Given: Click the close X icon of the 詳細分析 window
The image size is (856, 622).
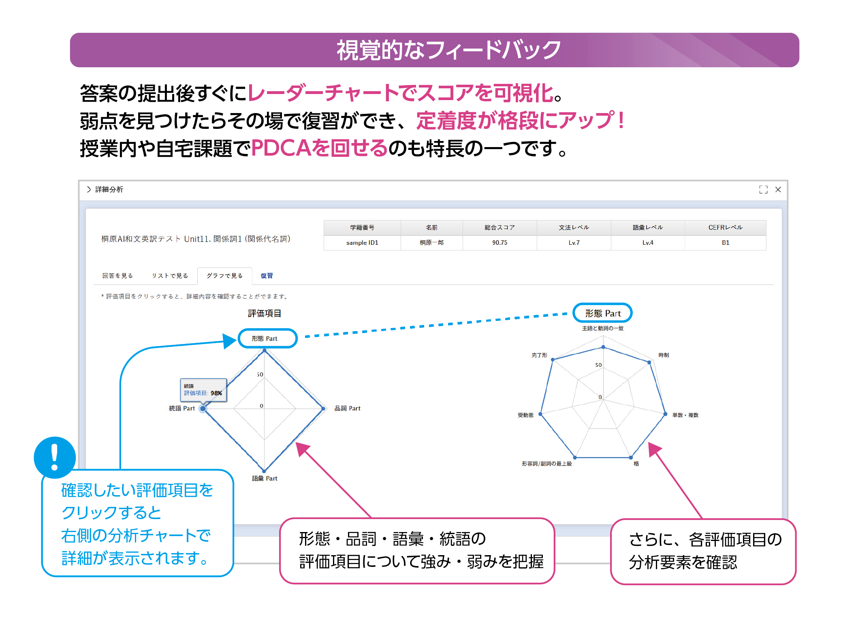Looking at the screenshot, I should point(778,190).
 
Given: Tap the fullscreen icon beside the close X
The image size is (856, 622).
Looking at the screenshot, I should point(763,190).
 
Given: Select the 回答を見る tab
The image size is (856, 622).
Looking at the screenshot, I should point(117,276).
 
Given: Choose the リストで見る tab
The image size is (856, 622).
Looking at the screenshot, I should point(170,276).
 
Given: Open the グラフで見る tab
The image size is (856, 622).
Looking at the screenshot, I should point(225,276).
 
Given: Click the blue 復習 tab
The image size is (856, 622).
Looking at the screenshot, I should point(267,276).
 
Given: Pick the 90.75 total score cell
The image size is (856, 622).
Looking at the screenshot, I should point(500,243).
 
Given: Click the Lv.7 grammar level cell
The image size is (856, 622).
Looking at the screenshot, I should point(574,243).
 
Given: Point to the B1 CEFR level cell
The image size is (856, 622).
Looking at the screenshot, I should point(725,243).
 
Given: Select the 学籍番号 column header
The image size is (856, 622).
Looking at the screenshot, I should point(362,228).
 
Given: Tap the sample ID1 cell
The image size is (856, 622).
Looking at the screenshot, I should point(362,243).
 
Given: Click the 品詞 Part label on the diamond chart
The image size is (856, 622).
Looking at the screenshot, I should point(347,408).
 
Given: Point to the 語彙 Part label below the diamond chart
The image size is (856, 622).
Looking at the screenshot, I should point(265,479).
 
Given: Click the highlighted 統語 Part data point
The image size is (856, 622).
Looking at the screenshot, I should point(203,408).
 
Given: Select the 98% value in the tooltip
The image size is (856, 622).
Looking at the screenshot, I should point(216,393).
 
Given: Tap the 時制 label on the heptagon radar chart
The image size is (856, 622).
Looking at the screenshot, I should point(664,355).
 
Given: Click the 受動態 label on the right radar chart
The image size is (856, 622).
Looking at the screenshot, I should point(525,415).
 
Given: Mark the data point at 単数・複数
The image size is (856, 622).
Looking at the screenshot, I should point(665,414).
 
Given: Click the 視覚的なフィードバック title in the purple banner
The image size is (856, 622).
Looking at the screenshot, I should point(448,50).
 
